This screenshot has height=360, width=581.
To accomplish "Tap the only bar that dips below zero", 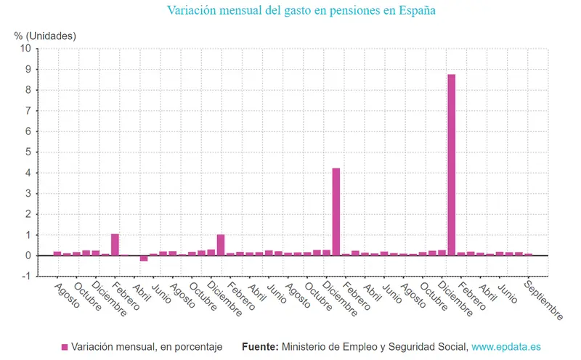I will click(144, 258).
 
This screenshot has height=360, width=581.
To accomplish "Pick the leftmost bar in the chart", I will click(57, 253).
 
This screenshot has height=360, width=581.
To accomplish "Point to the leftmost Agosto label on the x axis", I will click(68, 294).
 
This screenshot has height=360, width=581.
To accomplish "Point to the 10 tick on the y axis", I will click(26, 49).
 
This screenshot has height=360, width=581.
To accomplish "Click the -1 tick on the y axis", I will click(26, 277).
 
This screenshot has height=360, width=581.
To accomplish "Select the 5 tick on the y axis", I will click(28, 152).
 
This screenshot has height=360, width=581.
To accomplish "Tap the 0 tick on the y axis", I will click(28, 255).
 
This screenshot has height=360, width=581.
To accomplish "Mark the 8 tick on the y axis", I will click(28, 90).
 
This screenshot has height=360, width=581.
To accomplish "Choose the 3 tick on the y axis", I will click(28, 194).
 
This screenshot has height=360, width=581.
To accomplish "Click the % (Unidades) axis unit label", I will click(45, 35).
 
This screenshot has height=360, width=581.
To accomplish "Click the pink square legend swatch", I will click(64, 347).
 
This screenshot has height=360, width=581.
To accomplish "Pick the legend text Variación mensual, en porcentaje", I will click(147, 347).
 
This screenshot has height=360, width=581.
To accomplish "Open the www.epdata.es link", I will click(505, 347).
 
